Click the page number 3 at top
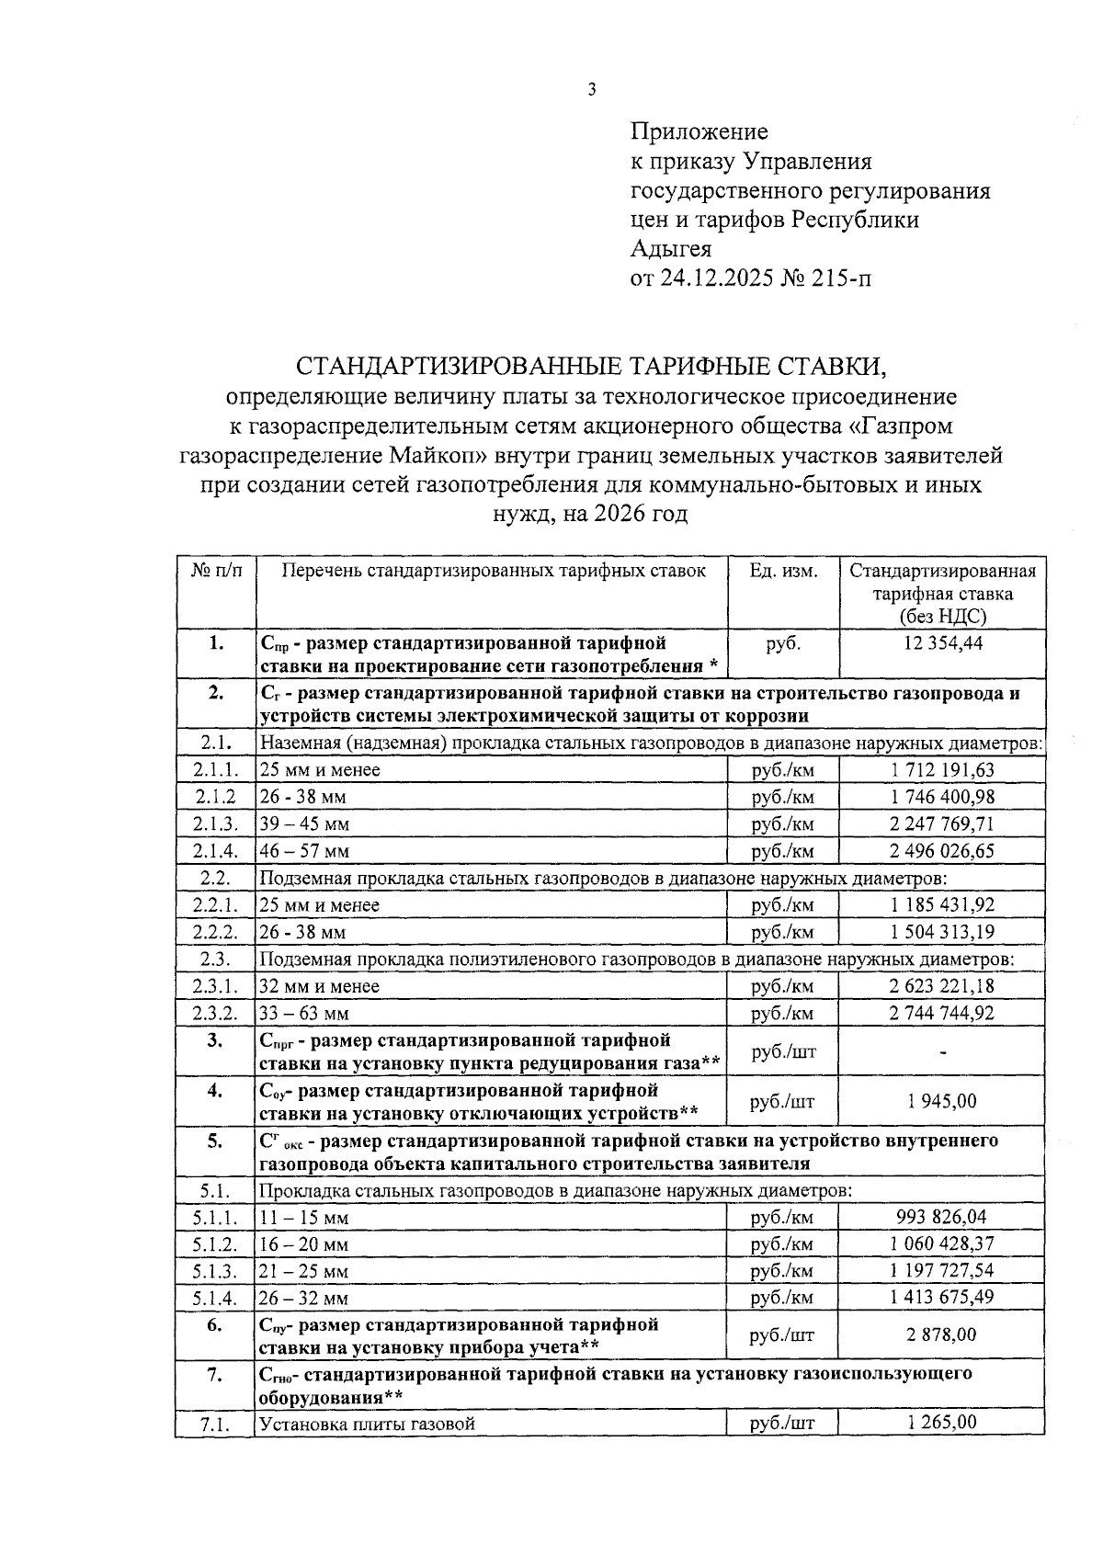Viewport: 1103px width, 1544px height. point(592,89)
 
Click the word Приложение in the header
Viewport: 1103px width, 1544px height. point(699,132)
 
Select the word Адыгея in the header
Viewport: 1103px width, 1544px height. point(671,248)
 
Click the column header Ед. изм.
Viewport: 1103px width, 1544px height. point(783,571)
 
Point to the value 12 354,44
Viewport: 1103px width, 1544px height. point(942,643)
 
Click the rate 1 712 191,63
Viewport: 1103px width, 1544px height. point(942,770)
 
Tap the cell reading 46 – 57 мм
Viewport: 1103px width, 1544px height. point(304,851)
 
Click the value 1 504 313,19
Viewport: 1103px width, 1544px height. point(942,932)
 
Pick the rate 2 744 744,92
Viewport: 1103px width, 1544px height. point(942,1013)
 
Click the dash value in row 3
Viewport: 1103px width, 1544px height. point(943,1052)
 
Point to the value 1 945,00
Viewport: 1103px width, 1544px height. point(942,1101)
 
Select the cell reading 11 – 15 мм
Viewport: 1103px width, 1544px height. point(304,1219)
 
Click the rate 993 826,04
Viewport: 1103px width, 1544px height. point(942,1217)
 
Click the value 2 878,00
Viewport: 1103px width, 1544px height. point(942,1334)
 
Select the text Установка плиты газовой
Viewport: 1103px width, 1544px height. point(368,1425)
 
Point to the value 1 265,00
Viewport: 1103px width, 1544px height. point(942,1423)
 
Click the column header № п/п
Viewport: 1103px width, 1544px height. point(216,571)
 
